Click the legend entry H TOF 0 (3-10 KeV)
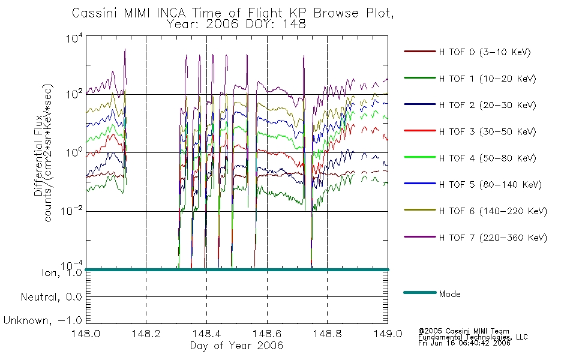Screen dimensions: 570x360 point(485,52)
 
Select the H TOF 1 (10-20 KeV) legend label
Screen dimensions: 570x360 point(487,79)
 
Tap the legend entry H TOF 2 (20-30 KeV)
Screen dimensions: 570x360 point(487,105)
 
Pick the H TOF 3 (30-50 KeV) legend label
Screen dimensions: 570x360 point(487,131)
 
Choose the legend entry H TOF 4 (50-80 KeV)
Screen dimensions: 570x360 point(487,158)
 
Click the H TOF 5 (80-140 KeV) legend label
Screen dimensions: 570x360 point(490,185)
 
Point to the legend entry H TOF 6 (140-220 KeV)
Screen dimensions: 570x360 point(493,211)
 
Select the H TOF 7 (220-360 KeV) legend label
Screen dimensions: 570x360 point(493,238)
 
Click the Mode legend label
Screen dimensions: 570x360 point(449,294)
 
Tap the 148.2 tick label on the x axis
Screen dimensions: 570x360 point(146,334)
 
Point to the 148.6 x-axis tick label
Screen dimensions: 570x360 point(267,334)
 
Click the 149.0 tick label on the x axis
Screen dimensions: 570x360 point(388,334)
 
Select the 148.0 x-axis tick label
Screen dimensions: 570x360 point(86,334)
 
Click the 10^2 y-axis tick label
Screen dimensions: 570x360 point(74,94)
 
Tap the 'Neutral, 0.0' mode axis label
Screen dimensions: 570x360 point(51,297)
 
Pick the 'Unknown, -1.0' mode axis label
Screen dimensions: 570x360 point(43,321)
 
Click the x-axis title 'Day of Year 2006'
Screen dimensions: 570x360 point(236,346)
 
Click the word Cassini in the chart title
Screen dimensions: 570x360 point(95,13)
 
